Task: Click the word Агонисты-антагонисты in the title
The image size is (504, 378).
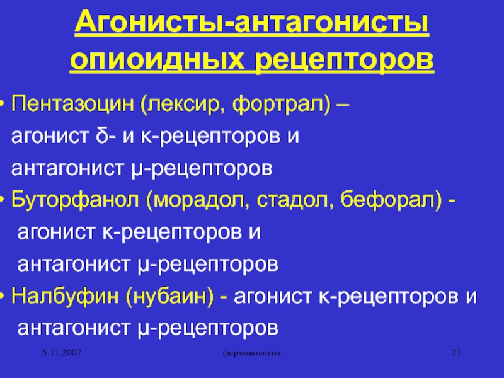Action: (251, 23)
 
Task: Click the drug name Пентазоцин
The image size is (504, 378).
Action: (72, 105)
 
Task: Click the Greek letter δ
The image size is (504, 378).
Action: (102, 135)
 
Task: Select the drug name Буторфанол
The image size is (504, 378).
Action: (75, 200)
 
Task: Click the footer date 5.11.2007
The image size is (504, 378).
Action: (62, 353)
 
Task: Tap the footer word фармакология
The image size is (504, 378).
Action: (251, 353)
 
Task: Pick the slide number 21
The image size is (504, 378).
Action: (456, 353)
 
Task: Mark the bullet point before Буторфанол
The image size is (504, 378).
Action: (2, 200)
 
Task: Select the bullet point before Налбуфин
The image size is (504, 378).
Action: (2, 296)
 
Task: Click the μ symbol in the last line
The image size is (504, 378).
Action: (143, 330)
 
